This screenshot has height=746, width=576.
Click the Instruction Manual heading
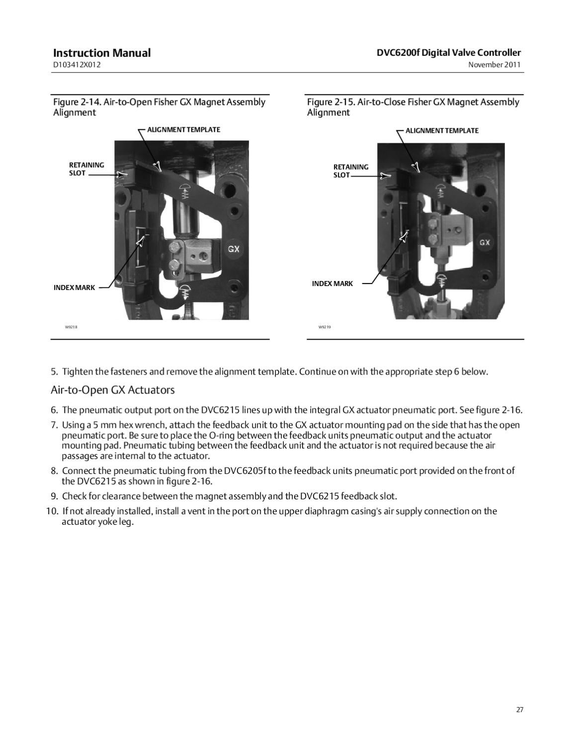(x=101, y=53)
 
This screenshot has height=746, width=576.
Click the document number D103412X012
(x=77, y=65)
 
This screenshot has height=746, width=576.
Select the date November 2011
(x=494, y=65)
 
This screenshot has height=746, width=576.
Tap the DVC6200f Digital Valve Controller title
(x=449, y=53)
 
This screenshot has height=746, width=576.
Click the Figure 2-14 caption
(x=159, y=107)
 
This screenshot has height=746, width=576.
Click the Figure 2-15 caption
(x=413, y=107)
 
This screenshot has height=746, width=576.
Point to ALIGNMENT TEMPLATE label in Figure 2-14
(x=183, y=130)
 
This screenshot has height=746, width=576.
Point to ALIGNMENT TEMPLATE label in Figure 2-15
(x=442, y=131)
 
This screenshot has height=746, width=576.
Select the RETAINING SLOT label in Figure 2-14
(x=86, y=169)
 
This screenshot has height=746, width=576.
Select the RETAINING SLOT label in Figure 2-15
(x=350, y=171)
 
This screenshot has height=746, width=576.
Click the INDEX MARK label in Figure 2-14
(x=74, y=288)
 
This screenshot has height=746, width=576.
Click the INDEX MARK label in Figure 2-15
(x=332, y=283)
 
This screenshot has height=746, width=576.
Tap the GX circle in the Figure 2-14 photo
(x=234, y=249)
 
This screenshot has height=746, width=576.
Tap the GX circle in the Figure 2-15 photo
(x=485, y=243)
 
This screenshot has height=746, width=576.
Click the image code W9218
(x=71, y=327)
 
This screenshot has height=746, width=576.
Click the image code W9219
(x=325, y=327)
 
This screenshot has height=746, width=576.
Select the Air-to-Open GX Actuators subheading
(x=113, y=390)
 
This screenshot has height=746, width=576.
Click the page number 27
(x=519, y=710)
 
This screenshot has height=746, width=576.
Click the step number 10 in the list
(x=52, y=511)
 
